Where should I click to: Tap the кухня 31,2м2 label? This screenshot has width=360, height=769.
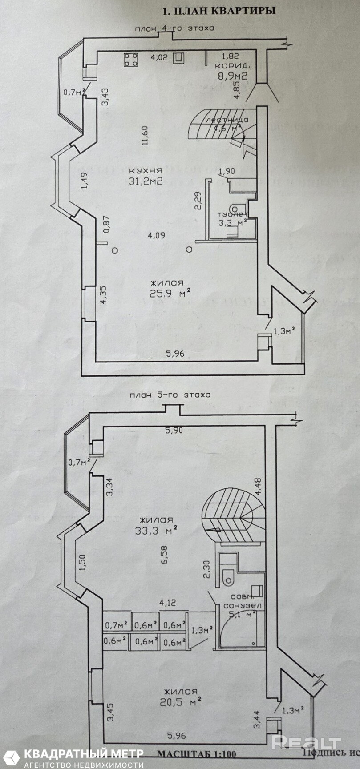point(145,176)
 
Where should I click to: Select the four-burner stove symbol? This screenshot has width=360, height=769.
point(131,60)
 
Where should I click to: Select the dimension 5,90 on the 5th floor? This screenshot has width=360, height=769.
point(174,430)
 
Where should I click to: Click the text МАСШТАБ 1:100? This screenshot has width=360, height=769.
point(196,754)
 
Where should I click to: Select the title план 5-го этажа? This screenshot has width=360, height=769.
point(168,395)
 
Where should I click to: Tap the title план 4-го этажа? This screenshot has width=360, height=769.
point(175,28)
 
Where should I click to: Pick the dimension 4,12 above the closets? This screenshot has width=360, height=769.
point(168,603)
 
